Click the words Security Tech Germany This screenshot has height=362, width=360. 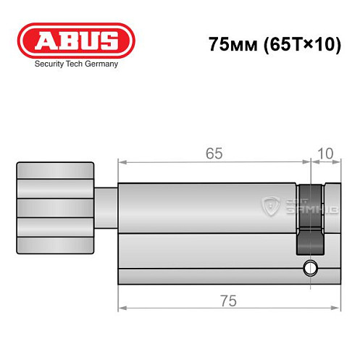pyautogui.click(x=76, y=64)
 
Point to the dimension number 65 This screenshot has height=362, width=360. pyautogui.click(x=213, y=153)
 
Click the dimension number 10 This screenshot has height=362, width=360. pyautogui.click(x=325, y=153)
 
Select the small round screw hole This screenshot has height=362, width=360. pyautogui.click(x=311, y=268)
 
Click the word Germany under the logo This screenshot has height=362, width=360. pyautogui.click(x=101, y=64)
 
